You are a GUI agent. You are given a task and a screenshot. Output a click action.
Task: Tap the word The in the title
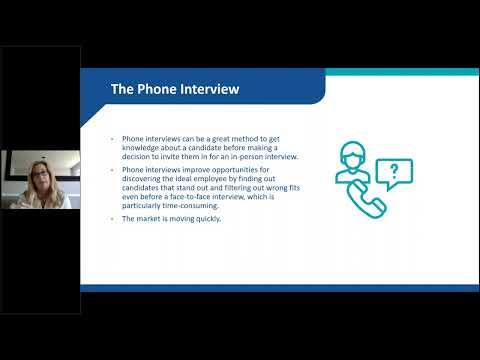124,89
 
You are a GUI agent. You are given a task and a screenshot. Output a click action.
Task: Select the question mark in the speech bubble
395,171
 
